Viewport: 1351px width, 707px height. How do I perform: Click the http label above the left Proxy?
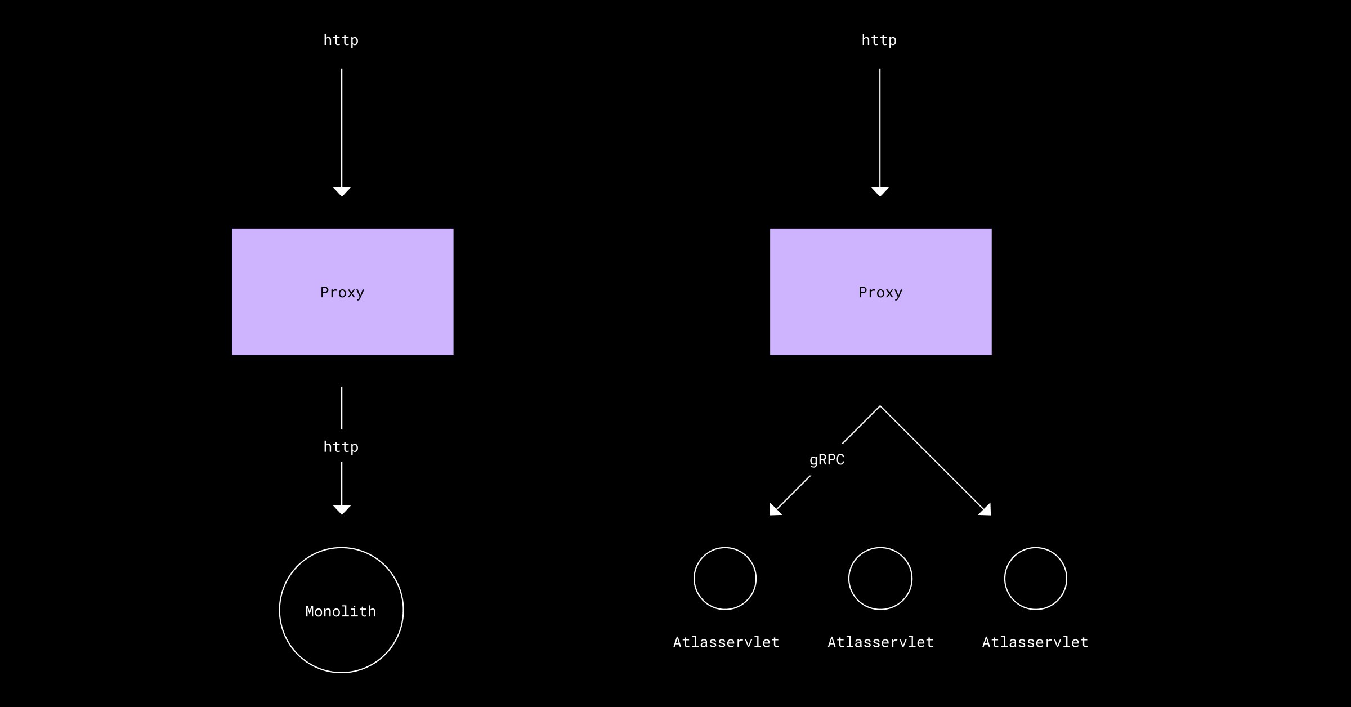coord(341,41)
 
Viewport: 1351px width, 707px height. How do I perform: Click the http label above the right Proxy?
coord(879,41)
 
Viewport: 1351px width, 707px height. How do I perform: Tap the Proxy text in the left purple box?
coord(342,293)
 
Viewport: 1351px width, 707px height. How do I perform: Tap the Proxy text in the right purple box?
coord(880,293)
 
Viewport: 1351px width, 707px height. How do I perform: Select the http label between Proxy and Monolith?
coord(341,447)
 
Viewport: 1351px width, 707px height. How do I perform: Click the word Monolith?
coord(341,611)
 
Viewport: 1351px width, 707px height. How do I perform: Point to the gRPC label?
coord(827,460)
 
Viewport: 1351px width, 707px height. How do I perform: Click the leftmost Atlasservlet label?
coord(726,642)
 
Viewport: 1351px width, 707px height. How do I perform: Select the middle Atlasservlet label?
coord(880,642)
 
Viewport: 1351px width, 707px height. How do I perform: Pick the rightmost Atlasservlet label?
coord(1035,642)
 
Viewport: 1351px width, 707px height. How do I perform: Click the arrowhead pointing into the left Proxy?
coord(342,191)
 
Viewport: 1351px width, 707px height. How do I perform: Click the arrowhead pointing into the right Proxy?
coord(880,191)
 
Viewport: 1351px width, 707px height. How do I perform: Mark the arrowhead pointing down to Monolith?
coord(342,509)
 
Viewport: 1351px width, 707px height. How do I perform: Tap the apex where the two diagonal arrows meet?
coord(880,406)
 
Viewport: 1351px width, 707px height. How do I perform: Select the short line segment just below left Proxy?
coord(342,408)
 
